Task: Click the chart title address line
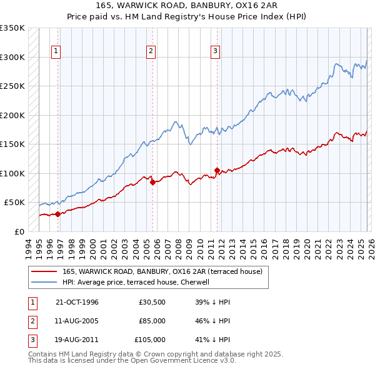(x=187, y=6)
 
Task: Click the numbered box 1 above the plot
(x=56, y=51)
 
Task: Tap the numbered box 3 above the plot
(x=215, y=51)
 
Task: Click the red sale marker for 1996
(x=58, y=214)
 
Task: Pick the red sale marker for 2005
(x=153, y=182)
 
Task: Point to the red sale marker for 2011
(x=217, y=170)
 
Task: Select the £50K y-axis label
(x=15, y=203)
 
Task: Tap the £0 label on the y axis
(x=20, y=231)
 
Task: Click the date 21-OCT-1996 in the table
(x=77, y=302)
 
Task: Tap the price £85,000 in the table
(x=152, y=321)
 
